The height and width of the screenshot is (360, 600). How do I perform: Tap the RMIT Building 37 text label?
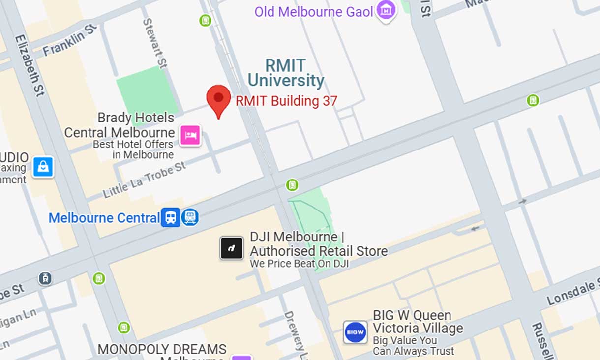point(286,101)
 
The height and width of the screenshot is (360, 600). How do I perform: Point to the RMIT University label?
point(285,73)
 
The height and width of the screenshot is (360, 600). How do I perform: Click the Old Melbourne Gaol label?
point(314,12)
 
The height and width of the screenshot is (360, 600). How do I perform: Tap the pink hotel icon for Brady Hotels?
point(190,135)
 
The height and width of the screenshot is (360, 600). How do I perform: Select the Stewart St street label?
point(154,43)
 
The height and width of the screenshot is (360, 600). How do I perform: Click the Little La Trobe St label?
point(145,179)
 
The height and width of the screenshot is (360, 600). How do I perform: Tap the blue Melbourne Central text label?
point(104,218)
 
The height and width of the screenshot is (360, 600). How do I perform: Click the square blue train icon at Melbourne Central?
point(170,217)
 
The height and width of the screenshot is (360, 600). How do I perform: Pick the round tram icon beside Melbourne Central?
point(190,217)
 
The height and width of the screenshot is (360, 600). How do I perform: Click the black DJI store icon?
point(232,248)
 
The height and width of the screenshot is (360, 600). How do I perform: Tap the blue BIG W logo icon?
point(355,333)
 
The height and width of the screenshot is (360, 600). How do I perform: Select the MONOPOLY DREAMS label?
point(162,350)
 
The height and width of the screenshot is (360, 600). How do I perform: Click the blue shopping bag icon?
point(43,167)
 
